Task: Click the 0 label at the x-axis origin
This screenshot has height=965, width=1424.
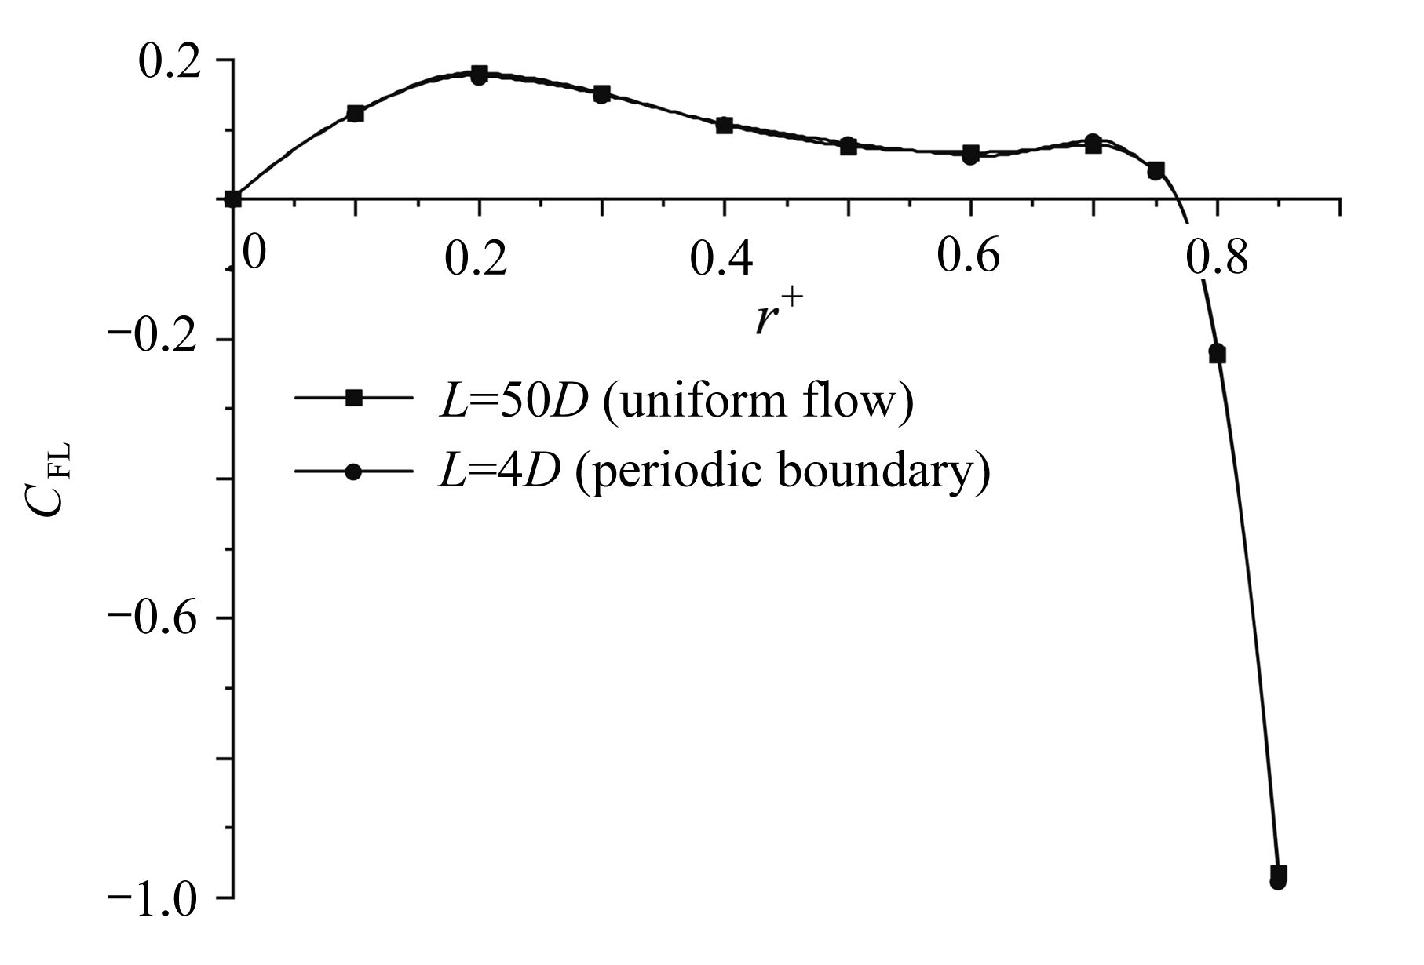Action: point(253,255)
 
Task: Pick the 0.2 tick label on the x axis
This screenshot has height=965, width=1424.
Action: point(476,259)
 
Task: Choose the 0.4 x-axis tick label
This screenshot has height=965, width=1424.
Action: point(721,259)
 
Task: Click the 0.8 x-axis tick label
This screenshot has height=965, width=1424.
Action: point(1216,259)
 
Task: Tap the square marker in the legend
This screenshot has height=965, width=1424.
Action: point(354,399)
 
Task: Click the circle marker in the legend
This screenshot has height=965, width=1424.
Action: point(354,472)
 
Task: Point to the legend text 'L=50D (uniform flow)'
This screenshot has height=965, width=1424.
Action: point(676,401)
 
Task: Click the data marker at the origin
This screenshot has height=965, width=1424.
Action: point(232,198)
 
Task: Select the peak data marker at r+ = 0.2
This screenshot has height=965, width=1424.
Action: point(479,75)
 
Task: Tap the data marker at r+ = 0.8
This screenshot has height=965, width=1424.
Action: point(1218,353)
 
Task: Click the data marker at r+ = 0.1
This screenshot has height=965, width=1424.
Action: point(356,114)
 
